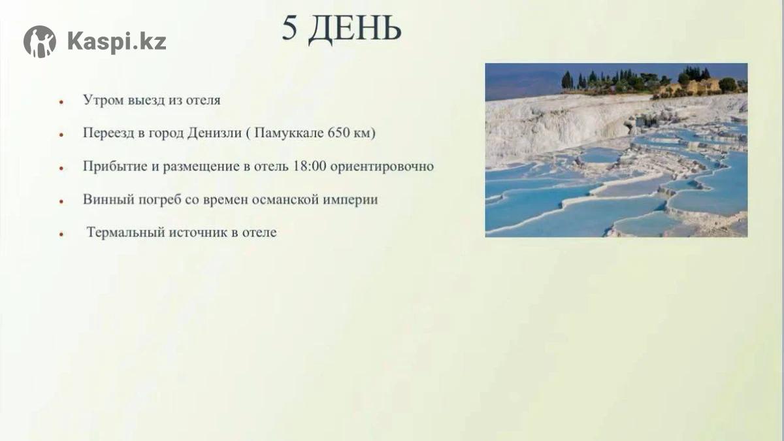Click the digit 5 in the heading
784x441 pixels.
pyautogui.click(x=289, y=28)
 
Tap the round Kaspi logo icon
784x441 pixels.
pyautogui.click(x=40, y=41)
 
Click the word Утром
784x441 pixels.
pyautogui.click(x=104, y=100)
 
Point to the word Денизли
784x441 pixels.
pyautogui.click(x=214, y=133)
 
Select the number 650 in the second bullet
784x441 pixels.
pyautogui.click(x=339, y=133)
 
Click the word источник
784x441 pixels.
pyautogui.click(x=198, y=233)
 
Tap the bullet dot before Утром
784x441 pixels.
pyautogui.click(x=61, y=102)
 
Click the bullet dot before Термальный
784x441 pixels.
pyautogui.click(x=61, y=235)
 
